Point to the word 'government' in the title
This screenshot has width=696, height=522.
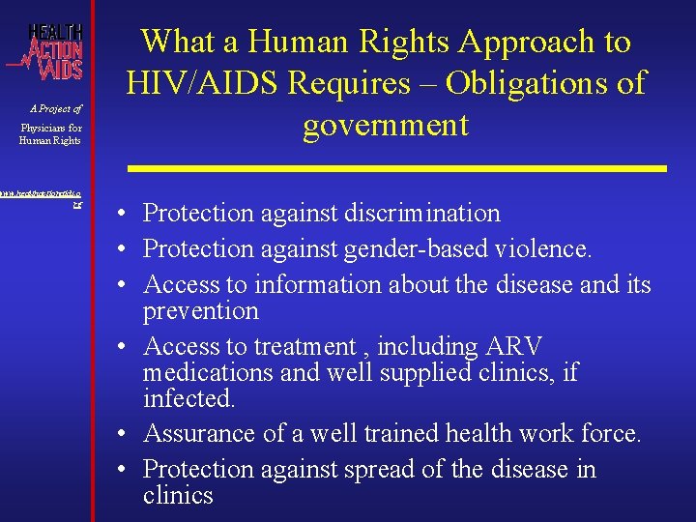tap(386, 125)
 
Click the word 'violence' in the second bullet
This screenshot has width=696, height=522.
tap(543, 249)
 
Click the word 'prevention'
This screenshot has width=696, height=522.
tap(200, 311)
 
